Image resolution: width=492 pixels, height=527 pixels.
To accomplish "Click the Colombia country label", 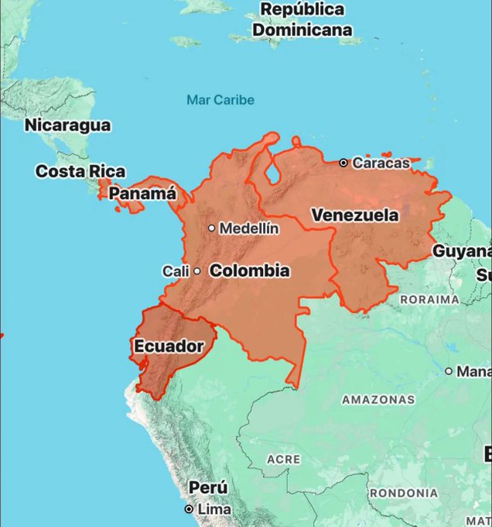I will tap(250, 270).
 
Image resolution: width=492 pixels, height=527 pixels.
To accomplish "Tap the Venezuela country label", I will tap(355, 215).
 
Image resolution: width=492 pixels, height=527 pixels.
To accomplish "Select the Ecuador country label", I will tap(168, 346).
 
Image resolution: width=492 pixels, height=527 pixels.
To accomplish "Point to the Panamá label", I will tap(142, 194).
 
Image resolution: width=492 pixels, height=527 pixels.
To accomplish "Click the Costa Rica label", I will tap(80, 171).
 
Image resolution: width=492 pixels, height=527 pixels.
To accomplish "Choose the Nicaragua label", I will tap(67, 125).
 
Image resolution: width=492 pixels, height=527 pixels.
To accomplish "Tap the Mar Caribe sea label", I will tap(220, 100).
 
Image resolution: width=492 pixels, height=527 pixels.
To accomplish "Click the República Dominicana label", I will tap(302, 20).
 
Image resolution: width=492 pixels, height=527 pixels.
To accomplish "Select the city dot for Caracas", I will tap(343, 163).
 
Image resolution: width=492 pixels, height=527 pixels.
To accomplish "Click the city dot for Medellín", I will tap(211, 229).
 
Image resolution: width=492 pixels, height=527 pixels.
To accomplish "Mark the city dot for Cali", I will tap(196, 271).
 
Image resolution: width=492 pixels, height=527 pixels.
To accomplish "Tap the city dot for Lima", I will tap(188, 509).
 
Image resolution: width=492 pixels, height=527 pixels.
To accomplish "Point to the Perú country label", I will tap(208, 488).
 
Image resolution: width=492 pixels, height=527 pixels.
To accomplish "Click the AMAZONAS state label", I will tap(378, 400).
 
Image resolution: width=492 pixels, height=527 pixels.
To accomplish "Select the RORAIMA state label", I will tap(429, 299).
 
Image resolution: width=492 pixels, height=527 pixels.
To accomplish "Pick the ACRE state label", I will tap(283, 460).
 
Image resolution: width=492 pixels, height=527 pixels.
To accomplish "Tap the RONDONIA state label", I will tap(404, 493).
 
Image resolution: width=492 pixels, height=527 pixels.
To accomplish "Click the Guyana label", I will tap(461, 251).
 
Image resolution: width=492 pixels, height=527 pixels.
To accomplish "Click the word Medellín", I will tap(249, 229).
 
